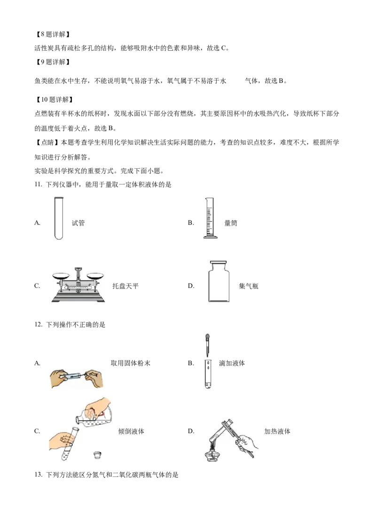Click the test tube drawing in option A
59,218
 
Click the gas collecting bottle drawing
219,281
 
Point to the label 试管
78,223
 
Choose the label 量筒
231,223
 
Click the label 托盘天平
125,286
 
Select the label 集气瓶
249,286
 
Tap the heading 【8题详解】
53,34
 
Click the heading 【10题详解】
54,100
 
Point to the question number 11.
38,185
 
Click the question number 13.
38,475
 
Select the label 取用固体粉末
131,363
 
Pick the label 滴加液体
232,363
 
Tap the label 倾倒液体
131,431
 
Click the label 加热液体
277,431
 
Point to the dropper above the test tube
208,345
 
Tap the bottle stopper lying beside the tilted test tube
98,454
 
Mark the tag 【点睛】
47,142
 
